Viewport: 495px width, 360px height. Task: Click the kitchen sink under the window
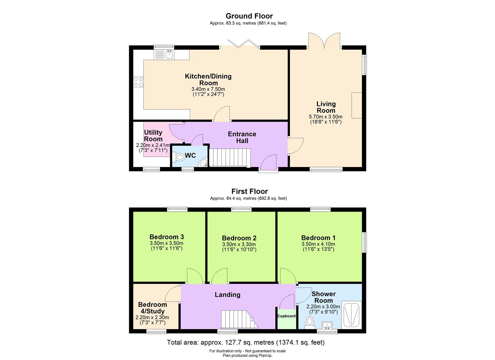pyautogui.click(x=164, y=55)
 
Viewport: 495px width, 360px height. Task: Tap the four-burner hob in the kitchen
pyautogui.click(x=138, y=82)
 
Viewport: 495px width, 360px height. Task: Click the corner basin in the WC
pyautogui.click(x=203, y=163)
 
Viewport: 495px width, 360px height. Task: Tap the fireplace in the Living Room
pyautogui.click(x=357, y=105)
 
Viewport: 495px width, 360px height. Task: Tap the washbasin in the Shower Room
pyautogui.click(x=327, y=325)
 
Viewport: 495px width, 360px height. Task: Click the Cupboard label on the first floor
pyautogui.click(x=286, y=316)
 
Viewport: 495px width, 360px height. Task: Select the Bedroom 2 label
pyautogui.click(x=239, y=238)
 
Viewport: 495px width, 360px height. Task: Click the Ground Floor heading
pyautogui.click(x=249, y=16)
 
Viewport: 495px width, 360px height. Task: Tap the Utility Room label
pyautogui.click(x=153, y=136)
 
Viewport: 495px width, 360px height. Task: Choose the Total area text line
pyautogui.click(x=245, y=342)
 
